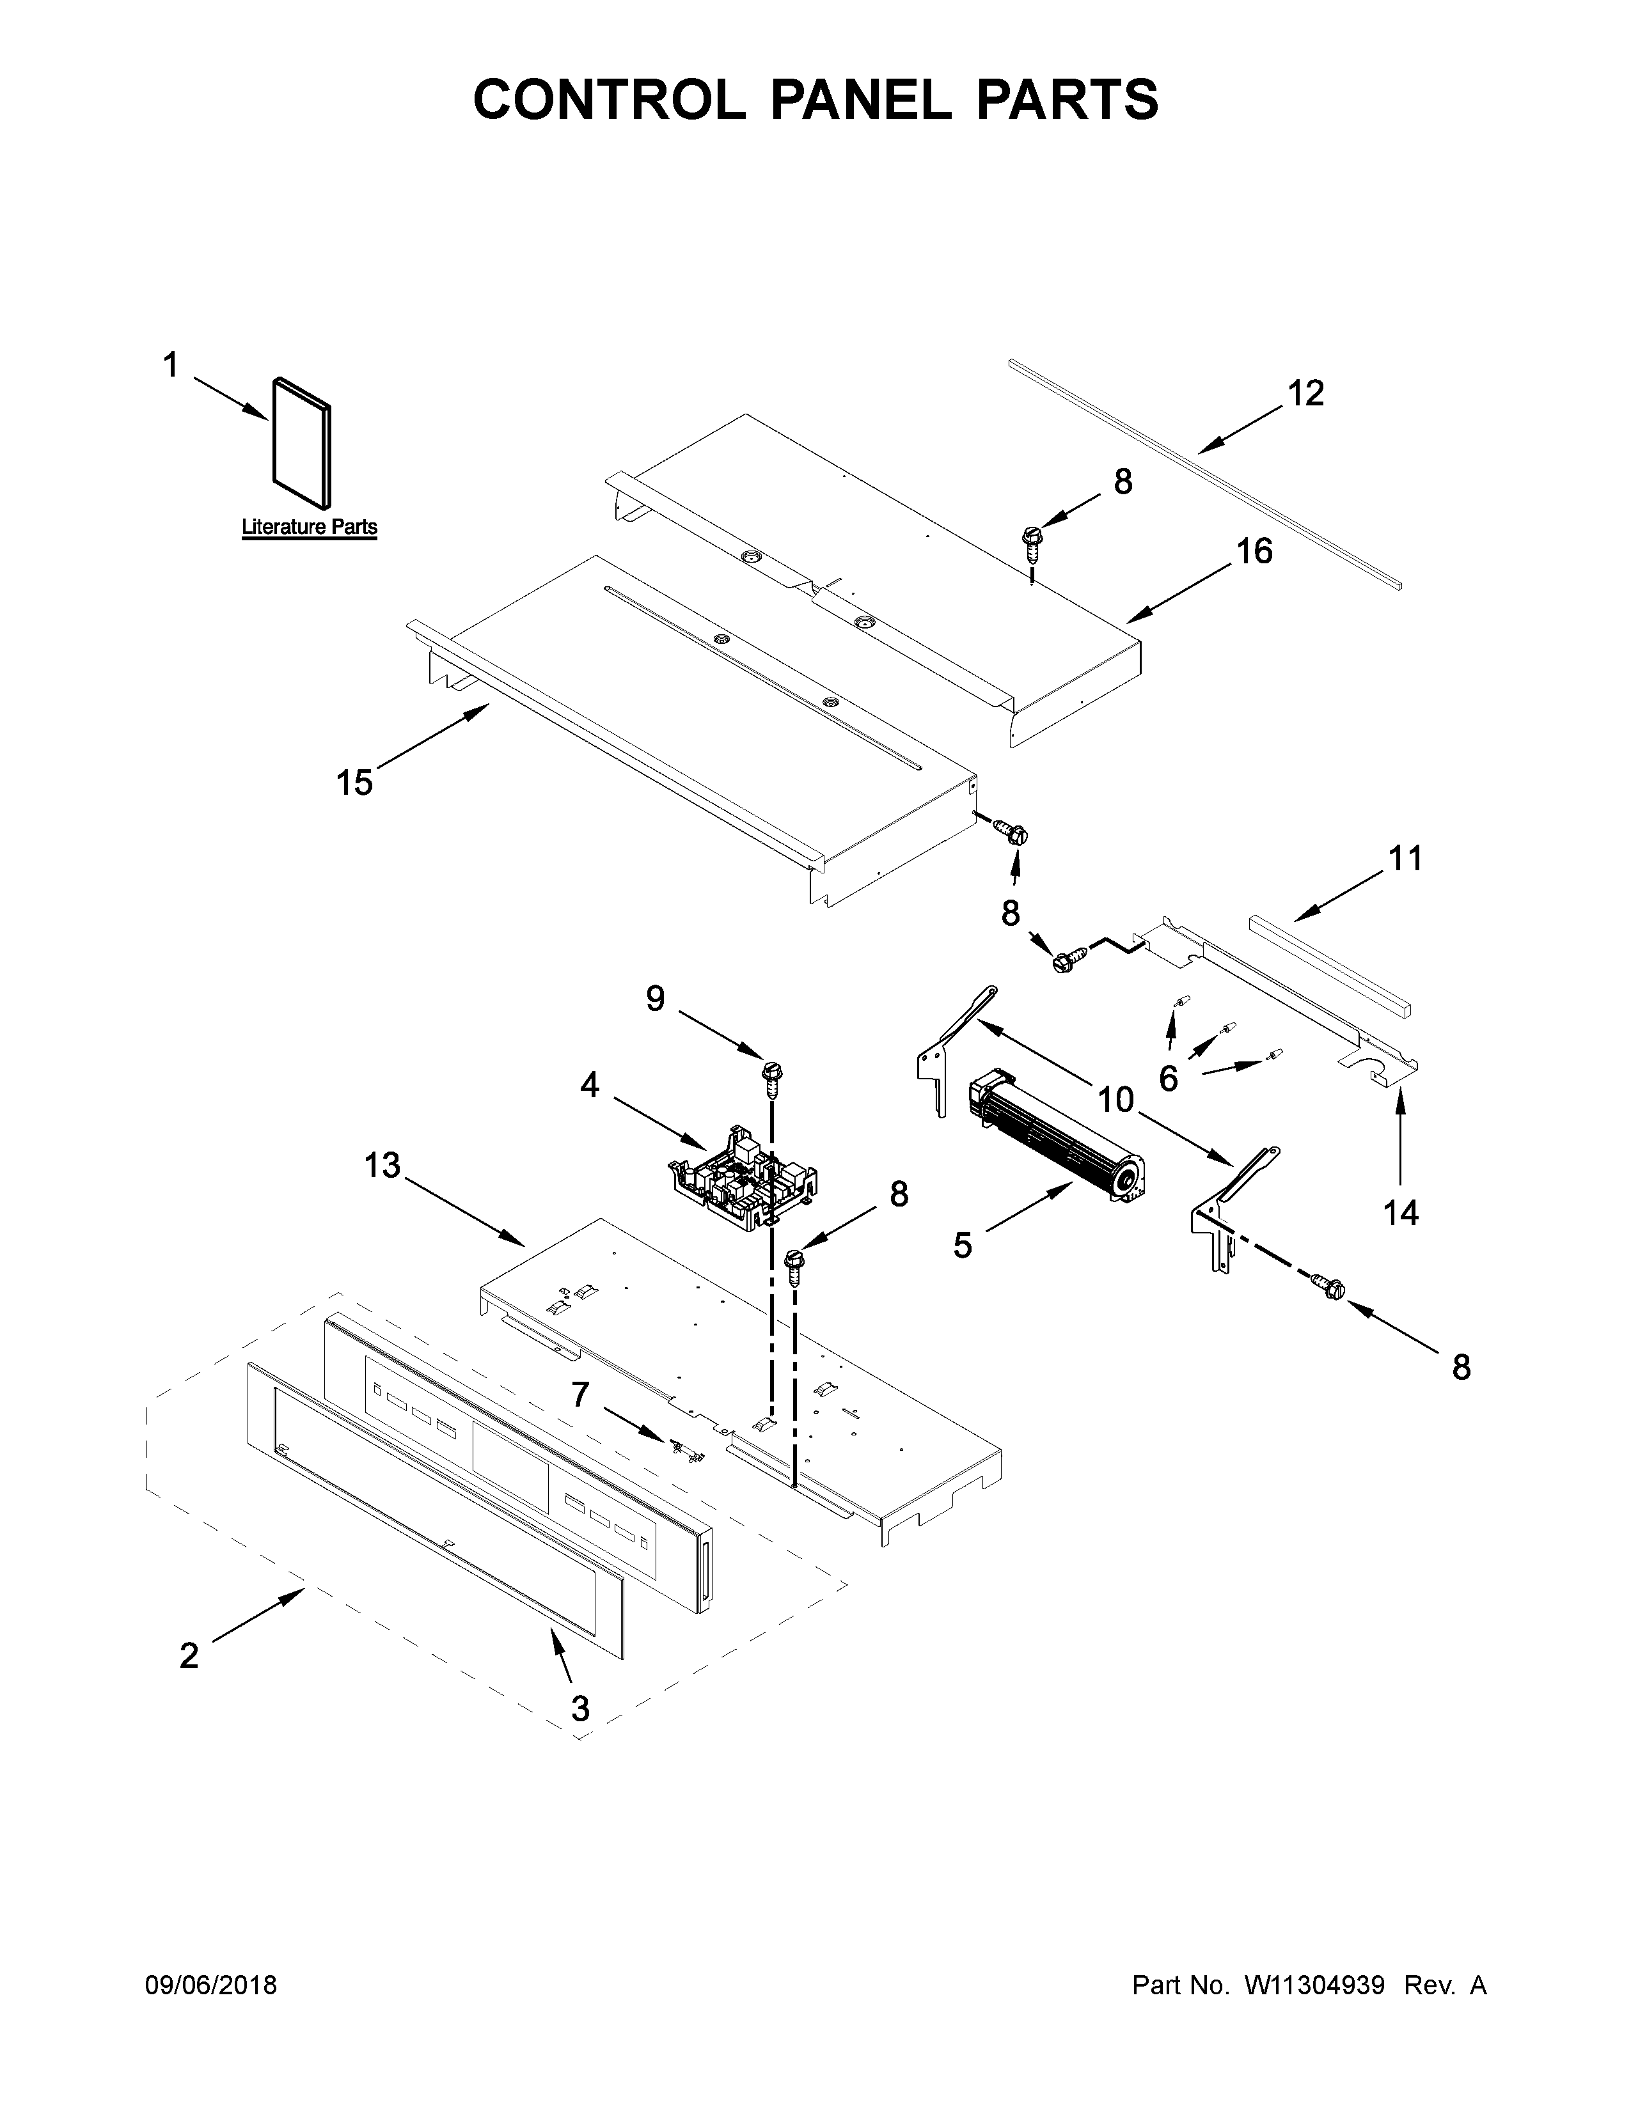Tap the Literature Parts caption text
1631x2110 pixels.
pos(309,527)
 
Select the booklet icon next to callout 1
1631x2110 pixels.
pos(301,442)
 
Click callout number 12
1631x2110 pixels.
pos(1305,393)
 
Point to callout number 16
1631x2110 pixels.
pos(1254,552)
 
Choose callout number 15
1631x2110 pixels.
pos(354,781)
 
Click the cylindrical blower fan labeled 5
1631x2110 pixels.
pos(1057,1137)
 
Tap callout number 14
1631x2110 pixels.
pos(1401,1212)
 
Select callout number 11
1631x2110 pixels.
pos(1405,858)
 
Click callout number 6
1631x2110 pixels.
pos(1168,1078)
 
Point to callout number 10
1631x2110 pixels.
pos(1115,1098)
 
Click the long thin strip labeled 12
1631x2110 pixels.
pos(1203,473)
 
